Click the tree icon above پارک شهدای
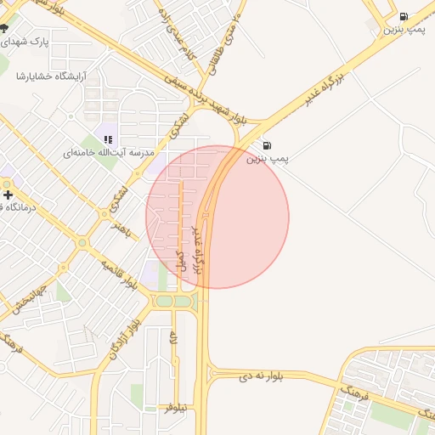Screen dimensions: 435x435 click(x=5, y=27)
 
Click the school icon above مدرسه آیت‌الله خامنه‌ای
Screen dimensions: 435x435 click(x=108, y=138)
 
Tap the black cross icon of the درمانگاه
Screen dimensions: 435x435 click(x=8, y=195)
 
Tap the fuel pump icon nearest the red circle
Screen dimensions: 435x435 click(x=268, y=145)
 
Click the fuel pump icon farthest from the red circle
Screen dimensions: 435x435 click(x=403, y=15)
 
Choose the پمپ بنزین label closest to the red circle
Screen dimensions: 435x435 click(x=268, y=159)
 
